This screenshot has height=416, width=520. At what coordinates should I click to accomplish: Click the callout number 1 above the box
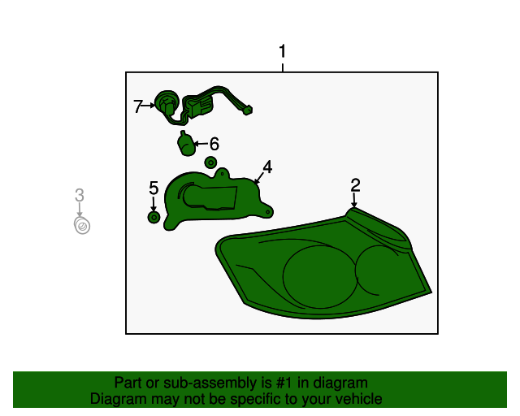tap(282, 52)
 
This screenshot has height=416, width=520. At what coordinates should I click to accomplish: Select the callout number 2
tap(355, 185)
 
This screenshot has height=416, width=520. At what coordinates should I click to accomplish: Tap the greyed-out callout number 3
tap(80, 195)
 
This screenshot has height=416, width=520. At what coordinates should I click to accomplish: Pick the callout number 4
tap(267, 167)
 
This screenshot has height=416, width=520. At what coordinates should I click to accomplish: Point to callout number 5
tap(154, 188)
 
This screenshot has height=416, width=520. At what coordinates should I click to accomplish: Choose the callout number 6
tap(214, 144)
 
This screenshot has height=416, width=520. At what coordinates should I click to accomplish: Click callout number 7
tap(137, 106)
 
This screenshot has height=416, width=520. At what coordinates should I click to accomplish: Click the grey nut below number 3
tap(82, 226)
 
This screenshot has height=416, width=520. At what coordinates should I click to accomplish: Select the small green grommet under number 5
tap(154, 217)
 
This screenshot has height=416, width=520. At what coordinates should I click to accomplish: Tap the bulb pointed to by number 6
tap(186, 144)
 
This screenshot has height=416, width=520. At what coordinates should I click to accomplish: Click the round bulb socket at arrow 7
tap(167, 103)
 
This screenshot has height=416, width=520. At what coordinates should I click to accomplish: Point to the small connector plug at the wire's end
tap(248, 110)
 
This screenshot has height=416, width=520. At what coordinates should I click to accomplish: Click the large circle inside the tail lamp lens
tap(320, 277)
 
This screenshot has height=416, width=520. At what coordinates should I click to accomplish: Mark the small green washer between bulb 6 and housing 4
tap(210, 162)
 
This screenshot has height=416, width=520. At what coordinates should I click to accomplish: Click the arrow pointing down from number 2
tap(354, 200)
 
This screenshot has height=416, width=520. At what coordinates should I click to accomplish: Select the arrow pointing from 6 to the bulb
tap(201, 144)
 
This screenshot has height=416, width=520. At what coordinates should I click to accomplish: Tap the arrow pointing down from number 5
tap(154, 203)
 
